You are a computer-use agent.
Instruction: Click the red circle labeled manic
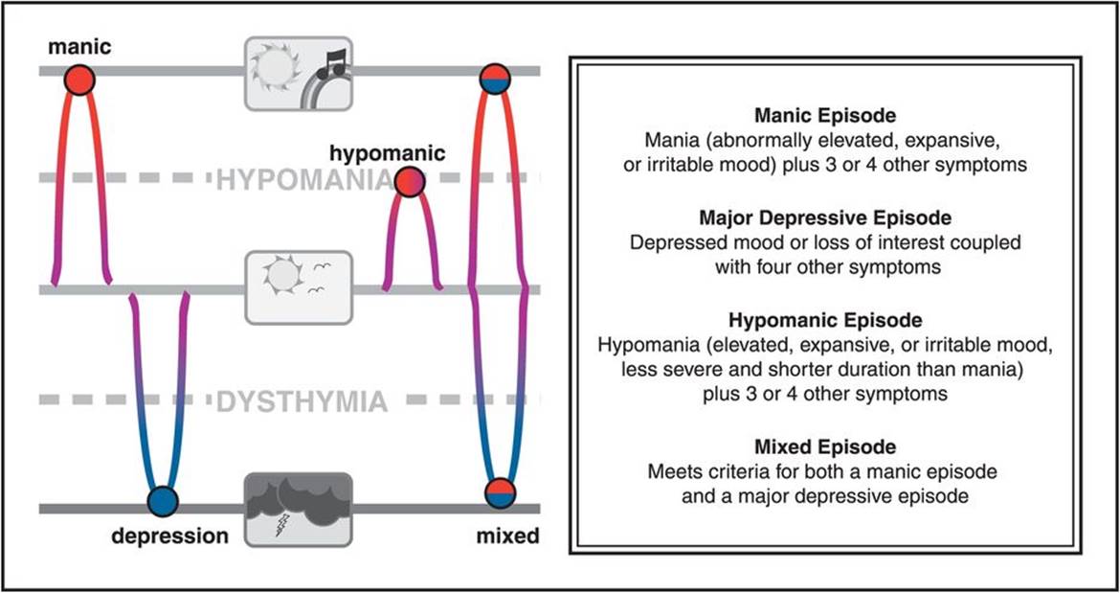(x=79, y=79)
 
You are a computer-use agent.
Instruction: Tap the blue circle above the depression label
(x=164, y=500)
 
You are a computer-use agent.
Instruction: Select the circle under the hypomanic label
(x=409, y=182)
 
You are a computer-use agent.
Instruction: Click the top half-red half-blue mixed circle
(x=495, y=79)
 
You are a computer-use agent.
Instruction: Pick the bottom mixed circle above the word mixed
(x=500, y=492)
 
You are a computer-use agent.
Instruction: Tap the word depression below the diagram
(x=169, y=536)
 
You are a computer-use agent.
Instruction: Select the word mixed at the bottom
(x=507, y=536)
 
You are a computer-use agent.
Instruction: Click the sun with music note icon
(x=298, y=69)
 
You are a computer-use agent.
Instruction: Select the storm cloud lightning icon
(x=298, y=508)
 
